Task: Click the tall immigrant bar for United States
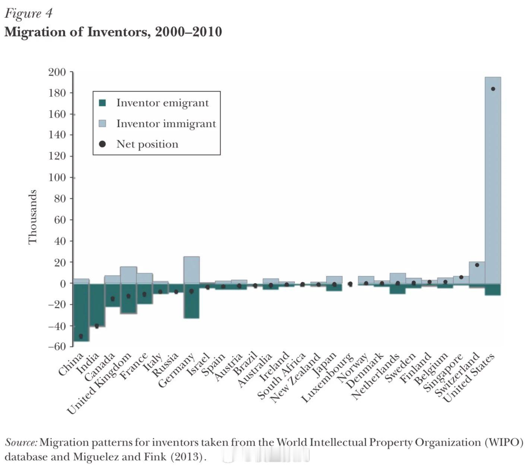493,179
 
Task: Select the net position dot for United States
493,89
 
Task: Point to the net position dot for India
97,326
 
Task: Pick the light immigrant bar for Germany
191,270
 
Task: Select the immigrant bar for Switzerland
477,273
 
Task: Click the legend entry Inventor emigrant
162,103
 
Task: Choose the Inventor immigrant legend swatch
102,124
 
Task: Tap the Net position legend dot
102,144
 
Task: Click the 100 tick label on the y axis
57,178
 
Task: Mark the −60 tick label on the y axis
57,346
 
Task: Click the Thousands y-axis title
33,217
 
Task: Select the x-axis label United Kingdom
100,383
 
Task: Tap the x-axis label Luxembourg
328,378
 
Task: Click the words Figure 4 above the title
28,14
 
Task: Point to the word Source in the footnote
21,443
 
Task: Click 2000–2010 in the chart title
189,32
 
